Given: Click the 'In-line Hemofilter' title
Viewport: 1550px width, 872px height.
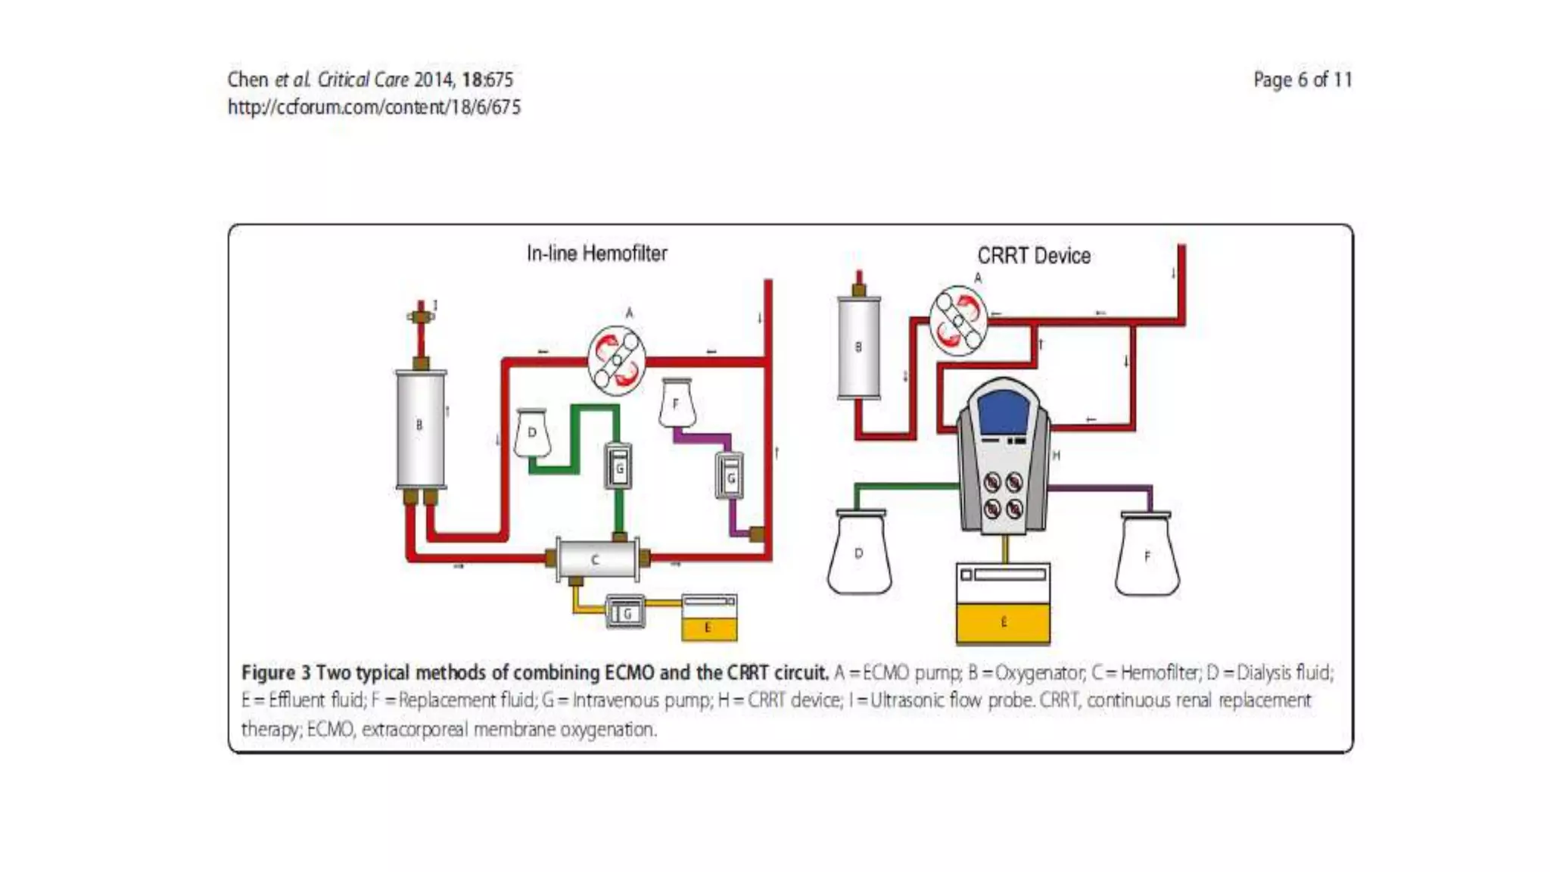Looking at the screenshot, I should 596,254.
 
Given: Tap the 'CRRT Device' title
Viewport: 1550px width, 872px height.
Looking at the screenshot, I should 1033,256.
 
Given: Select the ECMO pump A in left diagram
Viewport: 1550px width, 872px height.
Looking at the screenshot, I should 616,360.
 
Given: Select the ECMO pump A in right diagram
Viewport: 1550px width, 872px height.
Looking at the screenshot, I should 958,320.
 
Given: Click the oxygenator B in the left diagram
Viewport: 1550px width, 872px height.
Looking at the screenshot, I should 421,428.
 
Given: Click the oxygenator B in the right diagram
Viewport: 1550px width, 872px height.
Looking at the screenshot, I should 858,347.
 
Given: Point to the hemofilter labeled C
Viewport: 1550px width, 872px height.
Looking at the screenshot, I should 596,560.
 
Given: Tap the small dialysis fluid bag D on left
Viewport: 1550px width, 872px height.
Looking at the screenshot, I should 531,433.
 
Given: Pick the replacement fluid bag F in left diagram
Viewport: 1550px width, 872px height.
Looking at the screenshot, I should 676,404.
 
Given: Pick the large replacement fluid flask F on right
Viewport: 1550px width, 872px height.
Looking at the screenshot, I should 1147,556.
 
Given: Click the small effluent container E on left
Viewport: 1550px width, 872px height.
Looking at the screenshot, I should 708,618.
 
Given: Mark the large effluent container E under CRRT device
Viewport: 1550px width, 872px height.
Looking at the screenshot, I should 1003,605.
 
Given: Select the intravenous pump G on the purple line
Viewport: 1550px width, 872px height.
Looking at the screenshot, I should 730,476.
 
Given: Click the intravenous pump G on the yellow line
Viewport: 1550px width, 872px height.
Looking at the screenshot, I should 626,612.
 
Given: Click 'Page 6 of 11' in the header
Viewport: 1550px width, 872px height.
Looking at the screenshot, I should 1302,79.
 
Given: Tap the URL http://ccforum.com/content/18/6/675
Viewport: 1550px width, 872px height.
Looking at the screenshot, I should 374,107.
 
